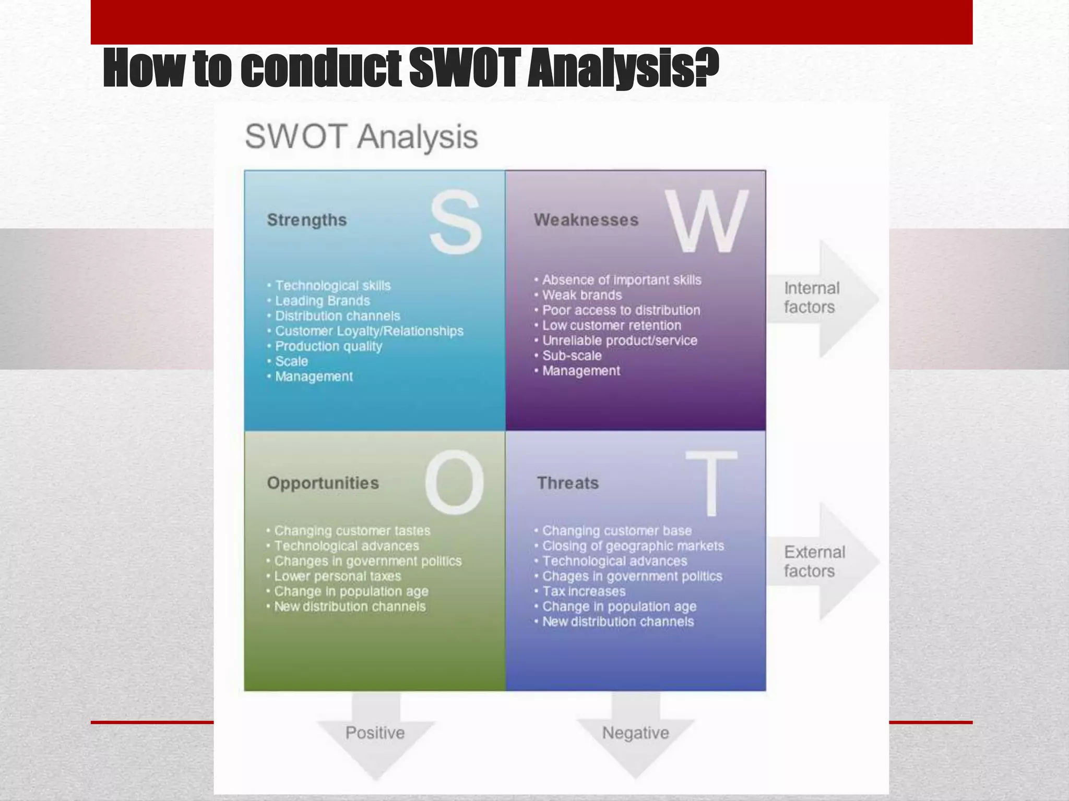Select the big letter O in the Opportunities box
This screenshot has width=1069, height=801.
[454, 482]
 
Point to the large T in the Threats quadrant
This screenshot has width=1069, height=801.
[711, 483]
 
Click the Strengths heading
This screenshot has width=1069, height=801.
[307, 220]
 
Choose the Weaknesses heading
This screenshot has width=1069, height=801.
[586, 220]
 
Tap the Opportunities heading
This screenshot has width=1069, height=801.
[323, 483]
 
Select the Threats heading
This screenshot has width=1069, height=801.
[568, 483]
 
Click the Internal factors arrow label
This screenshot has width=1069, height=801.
[811, 298]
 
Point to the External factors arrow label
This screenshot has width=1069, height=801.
[814, 562]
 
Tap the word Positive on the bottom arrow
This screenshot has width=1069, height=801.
[375, 733]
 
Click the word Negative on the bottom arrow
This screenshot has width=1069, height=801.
[635, 733]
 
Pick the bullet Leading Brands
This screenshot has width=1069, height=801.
[322, 301]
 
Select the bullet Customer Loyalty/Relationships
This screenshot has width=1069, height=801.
[369, 331]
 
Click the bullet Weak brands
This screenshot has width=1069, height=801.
[582, 295]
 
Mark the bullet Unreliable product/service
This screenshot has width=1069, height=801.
[620, 341]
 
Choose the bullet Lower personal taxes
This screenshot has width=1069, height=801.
[338, 576]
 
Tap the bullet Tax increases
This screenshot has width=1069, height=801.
[584, 591]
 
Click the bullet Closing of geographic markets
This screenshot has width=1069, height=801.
[633, 546]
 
